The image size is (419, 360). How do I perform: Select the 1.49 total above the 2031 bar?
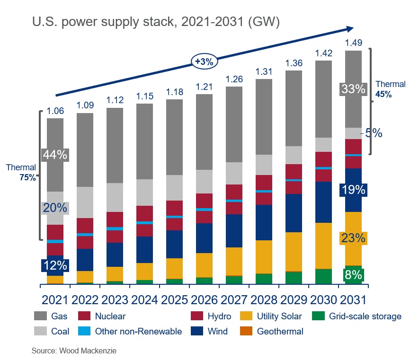(x=354, y=43)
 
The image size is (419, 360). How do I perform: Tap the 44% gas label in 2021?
(x=56, y=155)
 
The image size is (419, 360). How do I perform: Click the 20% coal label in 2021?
(x=56, y=208)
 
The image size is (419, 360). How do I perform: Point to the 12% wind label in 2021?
(x=56, y=265)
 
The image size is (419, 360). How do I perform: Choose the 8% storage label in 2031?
(x=353, y=275)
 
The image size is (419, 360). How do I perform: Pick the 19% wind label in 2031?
(x=353, y=190)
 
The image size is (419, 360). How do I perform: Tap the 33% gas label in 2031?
(x=353, y=88)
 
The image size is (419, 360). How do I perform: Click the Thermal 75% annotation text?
(x=21, y=172)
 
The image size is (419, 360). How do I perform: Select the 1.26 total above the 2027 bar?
(x=234, y=79)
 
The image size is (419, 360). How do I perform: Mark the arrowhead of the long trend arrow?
(x=351, y=28)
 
